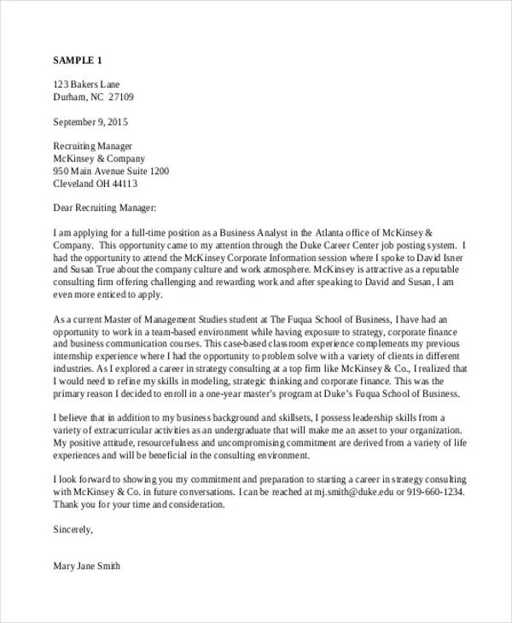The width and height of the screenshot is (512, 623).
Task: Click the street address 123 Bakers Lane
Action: (x=87, y=84)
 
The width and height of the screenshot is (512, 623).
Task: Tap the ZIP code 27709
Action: (x=119, y=97)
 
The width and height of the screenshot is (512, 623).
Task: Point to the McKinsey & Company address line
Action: (x=99, y=158)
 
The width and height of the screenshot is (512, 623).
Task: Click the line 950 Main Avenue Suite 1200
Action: (x=111, y=171)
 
